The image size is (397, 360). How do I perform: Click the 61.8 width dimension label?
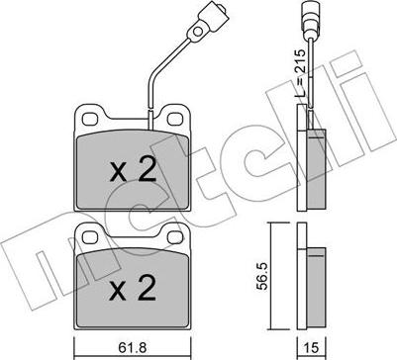click(x=132, y=347)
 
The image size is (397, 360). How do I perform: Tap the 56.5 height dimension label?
click(x=262, y=276)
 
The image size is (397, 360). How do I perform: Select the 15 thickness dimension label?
click(x=311, y=347)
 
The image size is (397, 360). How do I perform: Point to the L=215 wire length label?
click(x=300, y=73)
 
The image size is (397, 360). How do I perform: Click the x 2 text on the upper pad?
click(x=133, y=172)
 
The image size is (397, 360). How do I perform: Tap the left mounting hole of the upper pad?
click(x=90, y=119)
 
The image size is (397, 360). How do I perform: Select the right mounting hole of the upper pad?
click(x=175, y=119)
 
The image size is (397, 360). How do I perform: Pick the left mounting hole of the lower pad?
click(x=90, y=237)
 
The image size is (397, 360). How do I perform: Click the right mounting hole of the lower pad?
click(x=175, y=237)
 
